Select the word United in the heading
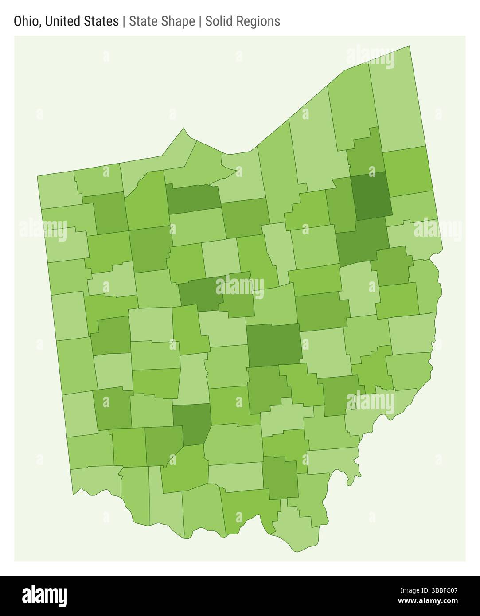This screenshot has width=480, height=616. [63, 21]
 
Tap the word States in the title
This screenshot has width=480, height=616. [101, 21]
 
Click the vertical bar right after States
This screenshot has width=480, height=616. [124, 21]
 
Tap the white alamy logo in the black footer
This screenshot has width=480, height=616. [44, 596]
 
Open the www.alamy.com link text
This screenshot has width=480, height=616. [428, 601]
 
